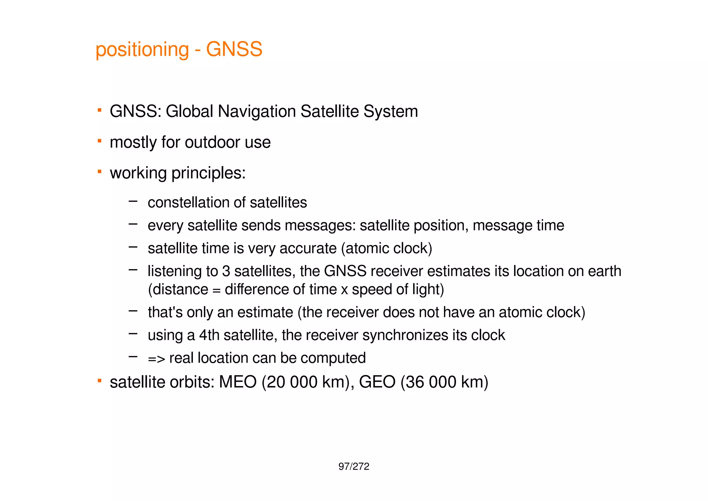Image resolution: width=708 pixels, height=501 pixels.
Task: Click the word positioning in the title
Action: coord(142,50)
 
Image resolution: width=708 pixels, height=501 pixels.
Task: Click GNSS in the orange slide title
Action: coord(234,49)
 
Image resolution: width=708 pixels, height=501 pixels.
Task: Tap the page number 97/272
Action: coord(354,467)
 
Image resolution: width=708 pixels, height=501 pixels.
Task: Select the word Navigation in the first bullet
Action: coord(257,112)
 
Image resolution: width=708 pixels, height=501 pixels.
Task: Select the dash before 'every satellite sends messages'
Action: coord(133,224)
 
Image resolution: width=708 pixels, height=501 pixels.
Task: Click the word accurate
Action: coord(308,248)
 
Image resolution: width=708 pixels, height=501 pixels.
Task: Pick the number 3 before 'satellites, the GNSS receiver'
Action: coord(226,271)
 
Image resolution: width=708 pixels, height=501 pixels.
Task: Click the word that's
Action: coord(165,312)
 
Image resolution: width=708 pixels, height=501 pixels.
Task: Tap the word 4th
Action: coord(209,335)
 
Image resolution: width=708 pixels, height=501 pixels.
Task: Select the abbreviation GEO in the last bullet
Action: coord(377,382)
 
